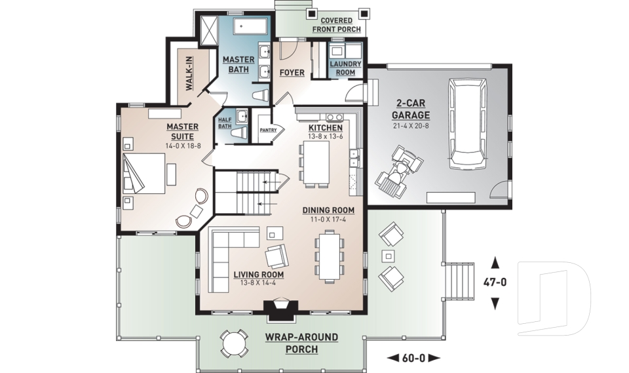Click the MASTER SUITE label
[x=183, y=131]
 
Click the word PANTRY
[x=269, y=130]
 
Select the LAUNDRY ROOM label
[x=342, y=68]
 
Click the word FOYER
[x=292, y=72]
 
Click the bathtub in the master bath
[x=252, y=28]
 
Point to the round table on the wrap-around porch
[x=234, y=341]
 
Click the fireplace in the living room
[x=282, y=309]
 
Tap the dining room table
[x=327, y=255]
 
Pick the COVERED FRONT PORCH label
[x=336, y=25]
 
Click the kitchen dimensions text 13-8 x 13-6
[x=326, y=136]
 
